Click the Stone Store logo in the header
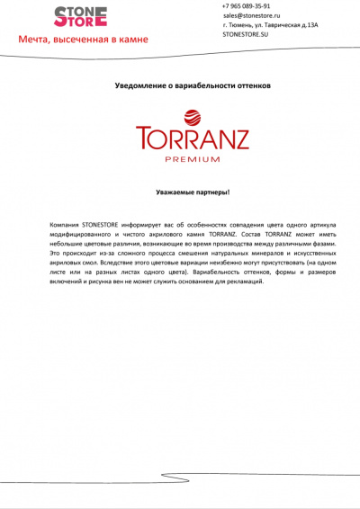coord(80,15)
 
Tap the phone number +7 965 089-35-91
coord(246,5)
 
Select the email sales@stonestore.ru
coord(256,15)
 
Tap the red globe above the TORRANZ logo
coord(192,115)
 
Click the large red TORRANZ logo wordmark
coord(192,139)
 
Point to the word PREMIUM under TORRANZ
coord(192,159)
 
